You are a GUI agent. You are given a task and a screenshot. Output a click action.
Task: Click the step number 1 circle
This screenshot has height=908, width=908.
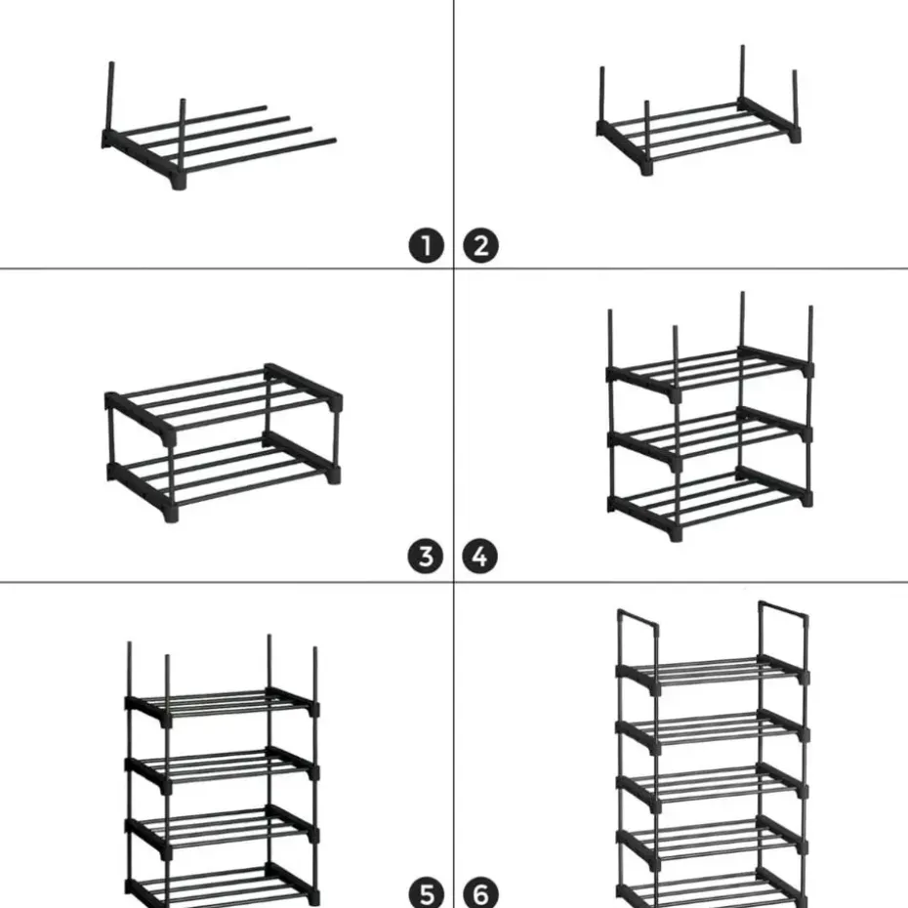[x=426, y=245]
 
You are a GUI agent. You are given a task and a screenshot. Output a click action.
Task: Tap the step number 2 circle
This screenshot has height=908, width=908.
[x=481, y=245]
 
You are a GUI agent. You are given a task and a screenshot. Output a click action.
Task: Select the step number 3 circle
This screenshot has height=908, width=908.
[x=426, y=557]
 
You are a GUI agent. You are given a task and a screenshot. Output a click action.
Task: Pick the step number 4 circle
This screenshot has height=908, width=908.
[x=481, y=557]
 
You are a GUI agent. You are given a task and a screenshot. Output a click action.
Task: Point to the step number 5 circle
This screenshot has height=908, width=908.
[x=426, y=892]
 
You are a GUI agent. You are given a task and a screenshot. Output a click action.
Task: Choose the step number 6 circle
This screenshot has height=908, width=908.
[x=481, y=892]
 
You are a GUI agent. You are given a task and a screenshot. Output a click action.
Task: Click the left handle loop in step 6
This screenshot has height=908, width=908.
[x=636, y=625]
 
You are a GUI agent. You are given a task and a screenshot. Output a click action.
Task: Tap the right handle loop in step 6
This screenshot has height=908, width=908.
[x=784, y=616]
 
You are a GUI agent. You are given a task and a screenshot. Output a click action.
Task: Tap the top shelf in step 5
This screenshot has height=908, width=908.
[x=222, y=701]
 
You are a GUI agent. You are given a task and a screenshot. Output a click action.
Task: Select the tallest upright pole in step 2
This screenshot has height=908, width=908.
[x=742, y=73]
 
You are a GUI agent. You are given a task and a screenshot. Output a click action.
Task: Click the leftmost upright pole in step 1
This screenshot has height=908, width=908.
[x=109, y=98]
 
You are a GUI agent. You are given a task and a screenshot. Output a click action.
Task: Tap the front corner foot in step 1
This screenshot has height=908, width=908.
[x=179, y=182]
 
